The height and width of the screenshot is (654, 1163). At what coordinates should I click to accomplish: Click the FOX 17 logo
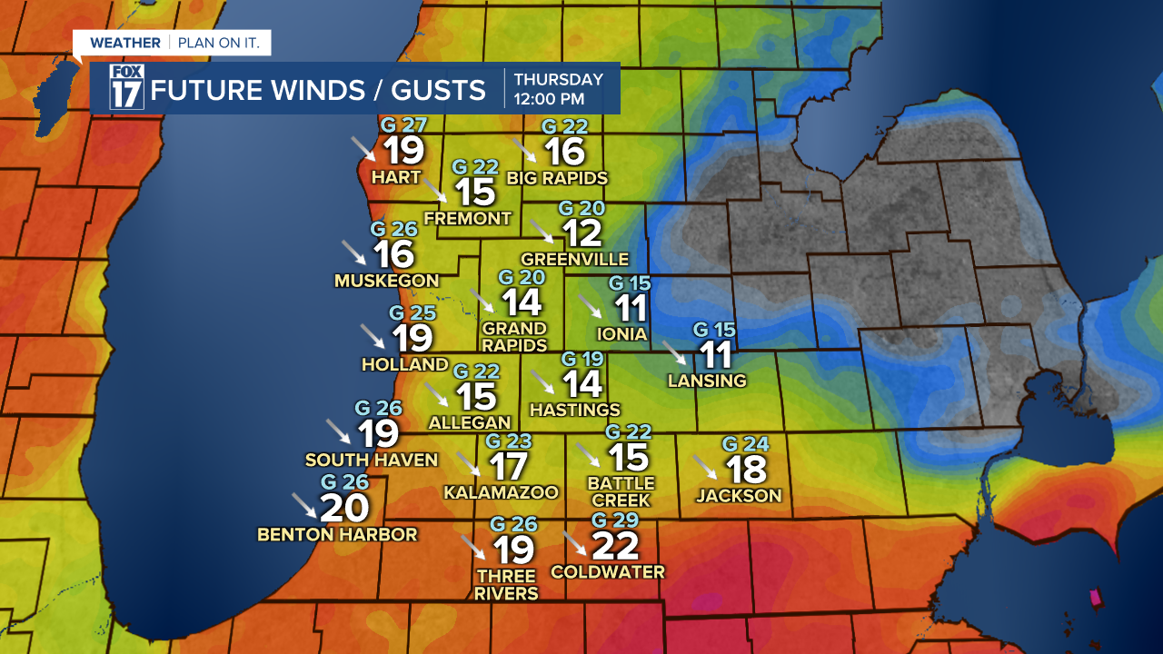[x=126, y=88]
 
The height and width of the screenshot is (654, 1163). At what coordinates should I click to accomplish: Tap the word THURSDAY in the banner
[x=558, y=79]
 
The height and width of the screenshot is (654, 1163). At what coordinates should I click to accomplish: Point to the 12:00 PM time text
[x=549, y=98]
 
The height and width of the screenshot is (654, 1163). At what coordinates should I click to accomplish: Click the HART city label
[x=396, y=177]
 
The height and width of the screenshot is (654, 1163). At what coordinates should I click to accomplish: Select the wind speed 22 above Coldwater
[x=615, y=546]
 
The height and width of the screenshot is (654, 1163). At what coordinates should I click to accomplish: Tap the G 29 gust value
[x=616, y=520]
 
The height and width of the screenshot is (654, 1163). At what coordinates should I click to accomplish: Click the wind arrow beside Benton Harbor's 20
[x=303, y=505]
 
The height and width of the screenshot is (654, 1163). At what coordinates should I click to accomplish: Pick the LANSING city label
[x=707, y=381]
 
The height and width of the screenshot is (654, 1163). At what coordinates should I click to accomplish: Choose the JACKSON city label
[x=739, y=495]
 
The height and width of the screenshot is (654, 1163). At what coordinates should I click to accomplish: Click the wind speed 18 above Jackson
[x=746, y=470]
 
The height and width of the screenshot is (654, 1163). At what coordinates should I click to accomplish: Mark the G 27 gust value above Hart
[x=403, y=125]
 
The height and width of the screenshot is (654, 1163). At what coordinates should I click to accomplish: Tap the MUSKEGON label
[x=386, y=281]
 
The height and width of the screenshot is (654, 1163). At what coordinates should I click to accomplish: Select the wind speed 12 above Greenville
[x=581, y=233]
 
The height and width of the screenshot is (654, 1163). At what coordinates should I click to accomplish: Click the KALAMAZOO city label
[x=501, y=492]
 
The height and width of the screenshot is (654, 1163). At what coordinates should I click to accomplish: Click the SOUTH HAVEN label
[x=372, y=460]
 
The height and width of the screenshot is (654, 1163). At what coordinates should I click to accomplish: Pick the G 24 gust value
[x=746, y=444]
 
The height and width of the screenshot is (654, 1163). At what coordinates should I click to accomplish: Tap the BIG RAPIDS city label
[x=557, y=177]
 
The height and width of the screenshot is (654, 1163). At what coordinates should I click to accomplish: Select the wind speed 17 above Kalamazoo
[x=508, y=467]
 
